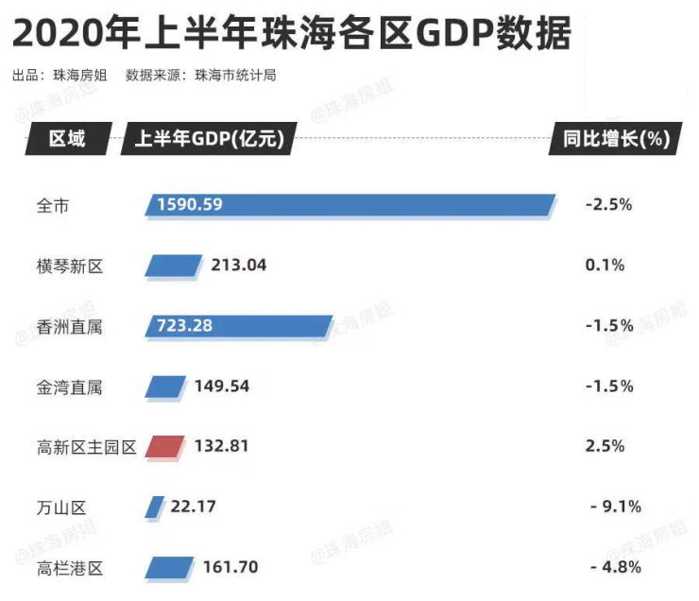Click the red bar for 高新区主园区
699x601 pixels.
coord(166,446)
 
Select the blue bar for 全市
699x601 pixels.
coord(349,204)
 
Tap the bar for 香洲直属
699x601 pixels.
coord(239,326)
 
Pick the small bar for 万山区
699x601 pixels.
coord(154,507)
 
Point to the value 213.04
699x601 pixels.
coord(239,266)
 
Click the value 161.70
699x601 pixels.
coord(230,568)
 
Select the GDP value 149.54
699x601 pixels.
coord(221,386)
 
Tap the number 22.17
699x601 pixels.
coord(194,507)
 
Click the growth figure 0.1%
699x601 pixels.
coord(605,266)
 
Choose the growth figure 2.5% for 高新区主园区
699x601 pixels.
coord(605,446)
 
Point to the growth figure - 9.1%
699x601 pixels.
coord(615,507)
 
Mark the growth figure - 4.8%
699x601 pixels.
coord(615,568)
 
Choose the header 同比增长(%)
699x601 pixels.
coord(615,140)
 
